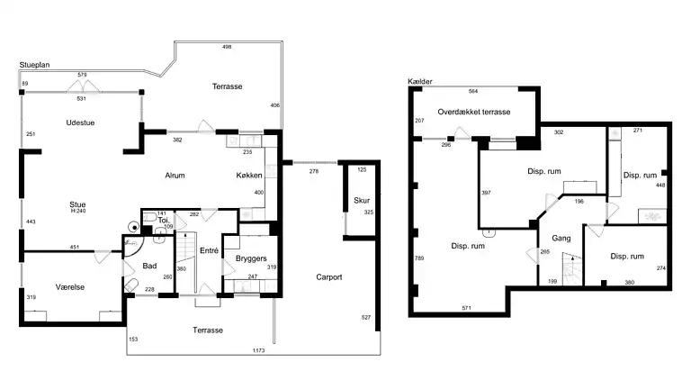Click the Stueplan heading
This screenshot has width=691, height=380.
(x=34, y=65)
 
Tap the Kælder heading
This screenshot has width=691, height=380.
(x=420, y=82)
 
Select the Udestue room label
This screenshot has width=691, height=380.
(x=80, y=122)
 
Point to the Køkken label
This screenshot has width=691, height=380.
(x=249, y=175)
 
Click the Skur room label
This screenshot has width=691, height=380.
(x=362, y=200)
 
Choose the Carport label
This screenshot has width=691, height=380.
(x=329, y=276)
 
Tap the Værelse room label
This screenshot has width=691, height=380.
(x=70, y=287)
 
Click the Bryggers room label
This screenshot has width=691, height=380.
(x=251, y=258)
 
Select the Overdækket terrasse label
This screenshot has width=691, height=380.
(x=474, y=112)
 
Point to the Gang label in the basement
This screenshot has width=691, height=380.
(x=561, y=238)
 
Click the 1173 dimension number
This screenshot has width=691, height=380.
(x=259, y=350)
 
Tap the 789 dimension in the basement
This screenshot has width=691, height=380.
(x=419, y=258)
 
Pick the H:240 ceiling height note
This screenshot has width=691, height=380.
(x=78, y=211)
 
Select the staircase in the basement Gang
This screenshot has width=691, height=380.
(x=572, y=269)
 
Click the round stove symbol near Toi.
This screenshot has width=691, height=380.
(x=133, y=227)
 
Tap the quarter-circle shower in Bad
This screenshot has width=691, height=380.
(x=132, y=247)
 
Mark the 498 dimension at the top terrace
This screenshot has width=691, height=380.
(x=227, y=47)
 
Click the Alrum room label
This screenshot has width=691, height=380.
(x=175, y=176)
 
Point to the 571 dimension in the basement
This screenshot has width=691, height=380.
(x=467, y=308)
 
